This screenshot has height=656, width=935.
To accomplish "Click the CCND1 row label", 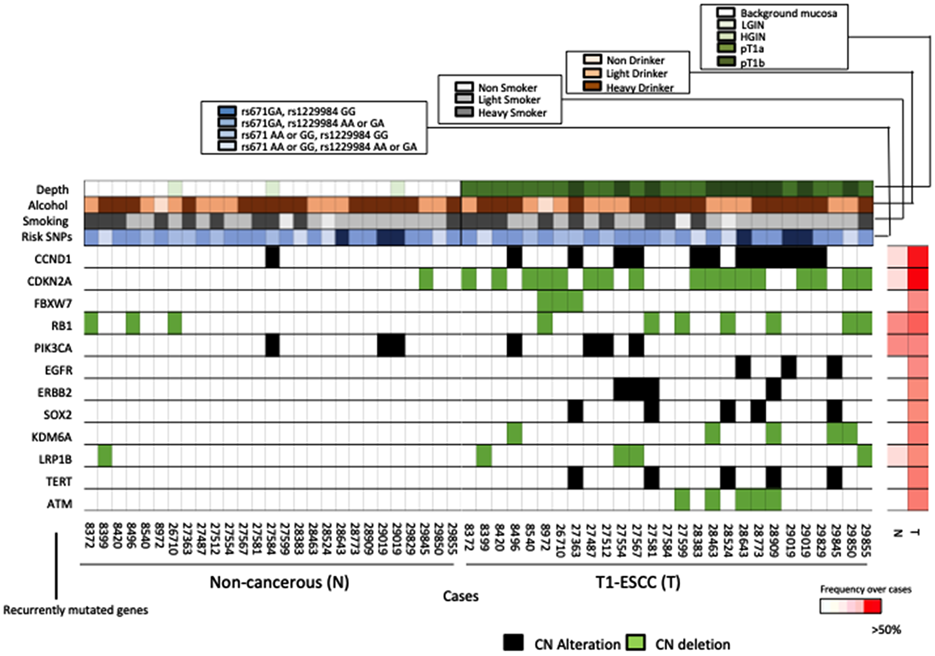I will tap(53, 259).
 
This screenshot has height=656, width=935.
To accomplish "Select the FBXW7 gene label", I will tap(53, 303).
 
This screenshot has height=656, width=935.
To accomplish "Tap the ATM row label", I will tap(59, 504).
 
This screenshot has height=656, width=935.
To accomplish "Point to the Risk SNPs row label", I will tap(47, 237).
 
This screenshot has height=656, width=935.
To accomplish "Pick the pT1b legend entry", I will tap(752, 63).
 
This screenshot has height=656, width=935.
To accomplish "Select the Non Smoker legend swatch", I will tap(464, 87).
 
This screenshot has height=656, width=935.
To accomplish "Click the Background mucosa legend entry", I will tap(788, 13).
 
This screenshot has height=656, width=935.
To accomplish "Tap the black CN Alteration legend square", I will tap(513, 642).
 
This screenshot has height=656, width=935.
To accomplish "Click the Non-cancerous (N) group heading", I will tap(279, 582).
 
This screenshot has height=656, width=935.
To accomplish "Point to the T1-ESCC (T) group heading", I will tap(638, 582).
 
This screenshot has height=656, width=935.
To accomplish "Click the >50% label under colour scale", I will tap(885, 630).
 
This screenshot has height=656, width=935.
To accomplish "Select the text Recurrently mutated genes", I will tap(75, 610).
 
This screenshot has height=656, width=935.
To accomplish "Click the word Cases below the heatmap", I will tap(460, 596).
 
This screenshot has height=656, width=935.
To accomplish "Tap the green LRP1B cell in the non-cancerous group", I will tap(105, 456).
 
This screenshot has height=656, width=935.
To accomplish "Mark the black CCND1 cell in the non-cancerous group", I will tap(272, 258).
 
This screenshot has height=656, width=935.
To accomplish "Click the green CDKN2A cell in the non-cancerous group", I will tap(425, 280).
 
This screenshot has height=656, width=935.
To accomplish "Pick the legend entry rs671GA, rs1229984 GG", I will tap(298, 111).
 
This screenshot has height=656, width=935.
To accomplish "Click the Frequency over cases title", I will tap(865, 589).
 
